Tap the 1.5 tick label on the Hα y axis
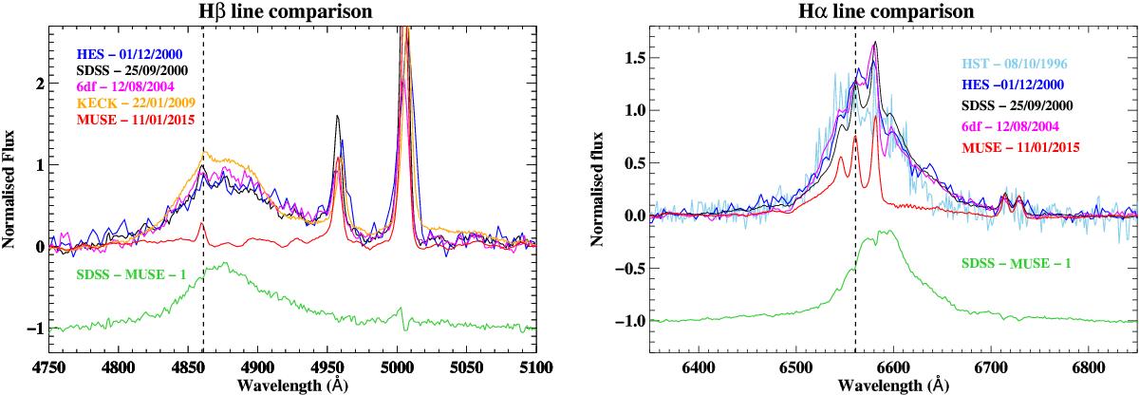(632, 58)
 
